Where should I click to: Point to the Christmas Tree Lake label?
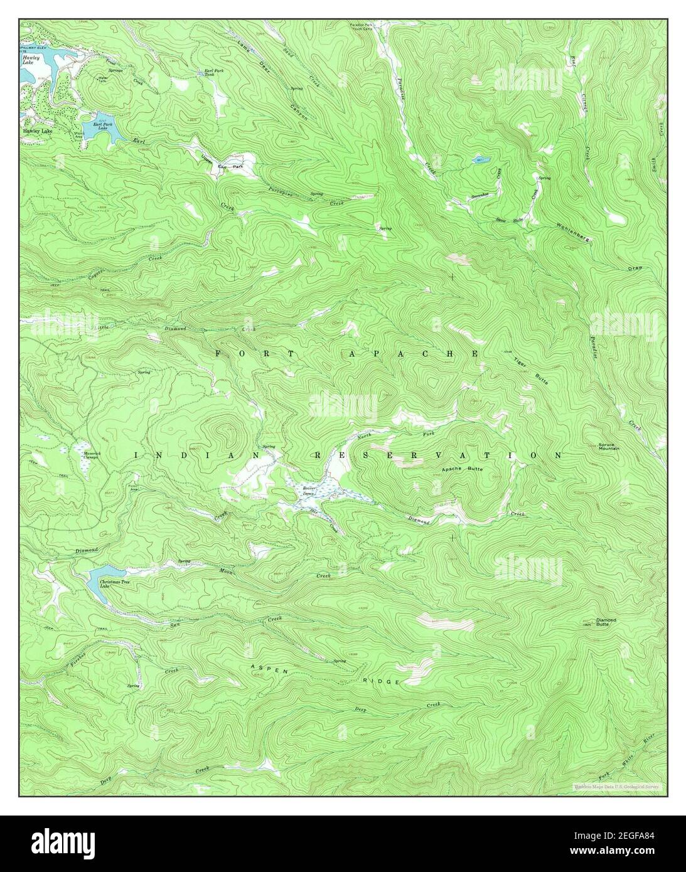[113, 583]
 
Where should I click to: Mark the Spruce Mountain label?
[608, 447]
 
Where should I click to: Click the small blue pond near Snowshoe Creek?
[480, 159]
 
